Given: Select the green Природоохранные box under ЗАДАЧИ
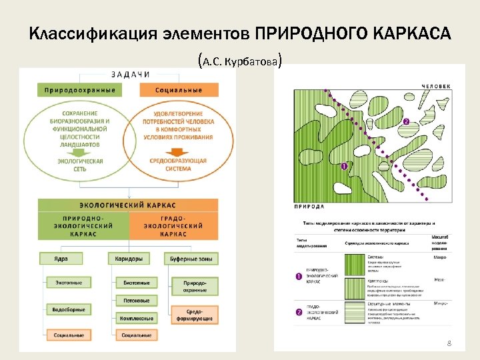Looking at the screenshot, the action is pos(80,90).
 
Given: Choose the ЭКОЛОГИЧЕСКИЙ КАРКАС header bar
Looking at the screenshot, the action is pos(128,205).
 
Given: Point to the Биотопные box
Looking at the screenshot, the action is pos(136,283).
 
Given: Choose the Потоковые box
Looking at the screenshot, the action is pos(136,301).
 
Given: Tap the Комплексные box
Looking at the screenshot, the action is pos(136,319).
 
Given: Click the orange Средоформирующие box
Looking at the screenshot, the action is pos(195,315).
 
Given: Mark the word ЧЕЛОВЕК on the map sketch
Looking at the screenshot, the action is pos(436,85).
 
